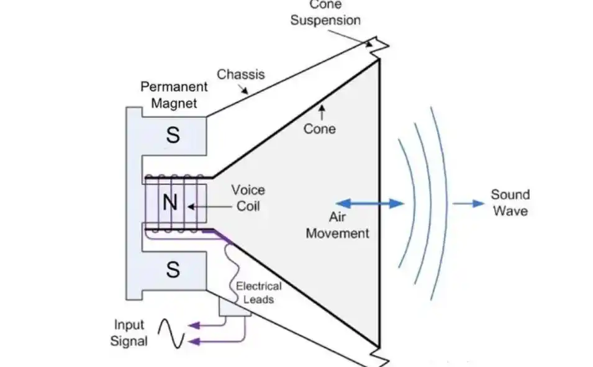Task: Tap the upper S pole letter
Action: (x=173, y=135)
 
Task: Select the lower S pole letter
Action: (x=173, y=270)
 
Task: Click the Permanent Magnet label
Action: (x=168, y=94)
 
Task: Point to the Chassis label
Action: (x=240, y=75)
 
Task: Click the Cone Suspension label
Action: (x=325, y=14)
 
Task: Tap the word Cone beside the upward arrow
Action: (x=320, y=129)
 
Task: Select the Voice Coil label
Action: (x=248, y=197)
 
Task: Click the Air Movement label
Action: (x=338, y=227)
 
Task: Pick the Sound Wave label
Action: (x=510, y=202)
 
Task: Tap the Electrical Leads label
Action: (x=258, y=292)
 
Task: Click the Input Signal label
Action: (x=130, y=332)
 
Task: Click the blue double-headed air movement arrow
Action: (x=370, y=203)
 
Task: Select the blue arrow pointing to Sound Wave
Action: (x=468, y=203)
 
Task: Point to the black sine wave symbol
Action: (x=171, y=333)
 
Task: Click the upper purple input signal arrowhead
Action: (x=194, y=325)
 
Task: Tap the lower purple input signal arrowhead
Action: (x=194, y=341)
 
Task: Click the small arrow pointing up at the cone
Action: (x=321, y=112)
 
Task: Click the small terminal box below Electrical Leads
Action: (x=235, y=306)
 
